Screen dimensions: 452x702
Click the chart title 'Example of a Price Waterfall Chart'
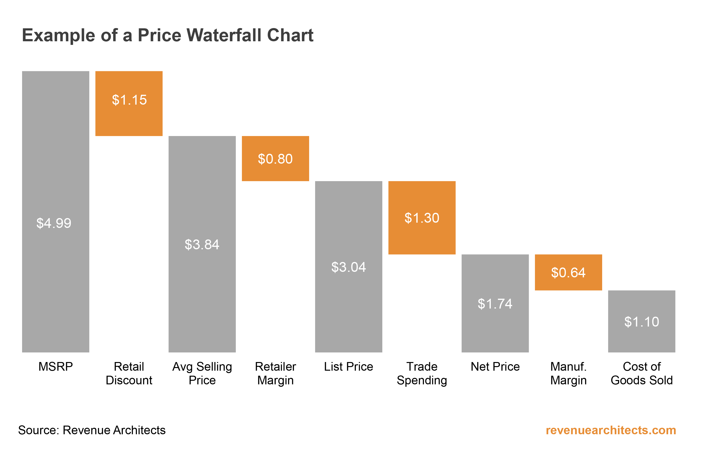point(168,35)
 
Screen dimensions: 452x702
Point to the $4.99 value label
point(54,223)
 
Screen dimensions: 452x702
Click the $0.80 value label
point(275,159)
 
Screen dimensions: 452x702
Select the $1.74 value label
point(495,304)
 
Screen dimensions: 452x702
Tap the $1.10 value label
point(642,322)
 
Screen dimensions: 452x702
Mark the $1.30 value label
point(422,218)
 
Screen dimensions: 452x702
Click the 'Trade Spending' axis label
point(422,373)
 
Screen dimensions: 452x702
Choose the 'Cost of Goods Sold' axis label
point(642,373)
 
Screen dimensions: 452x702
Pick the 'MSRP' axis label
point(55,367)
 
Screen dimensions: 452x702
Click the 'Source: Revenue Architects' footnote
point(92,430)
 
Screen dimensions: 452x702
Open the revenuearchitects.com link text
point(611,430)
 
